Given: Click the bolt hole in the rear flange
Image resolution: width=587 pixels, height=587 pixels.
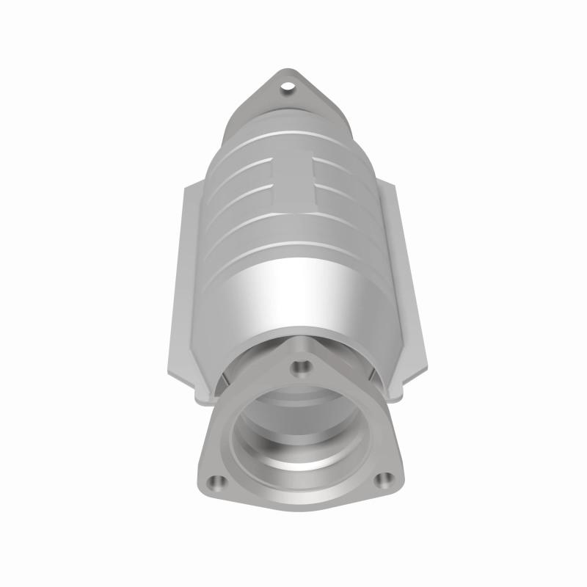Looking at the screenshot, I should pos(287,90).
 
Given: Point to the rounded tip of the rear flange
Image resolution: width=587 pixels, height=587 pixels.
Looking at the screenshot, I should pos(287,73).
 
